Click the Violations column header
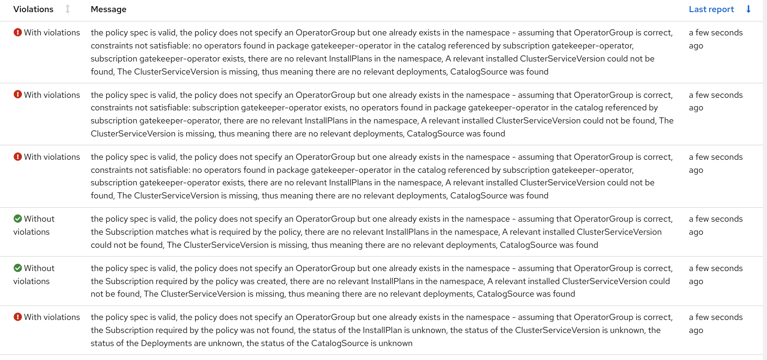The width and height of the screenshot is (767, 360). coord(34,9)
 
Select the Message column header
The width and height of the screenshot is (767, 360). coord(109,9)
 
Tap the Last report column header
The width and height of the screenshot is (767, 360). coord(711,9)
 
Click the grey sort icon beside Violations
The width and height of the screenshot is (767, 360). coord(68,9)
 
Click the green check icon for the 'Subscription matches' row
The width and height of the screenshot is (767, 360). coord(18,219)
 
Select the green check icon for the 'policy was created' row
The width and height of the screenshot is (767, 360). coord(18,268)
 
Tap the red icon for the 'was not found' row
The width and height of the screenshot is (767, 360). coord(18,317)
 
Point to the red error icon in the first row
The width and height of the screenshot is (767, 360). coord(18,33)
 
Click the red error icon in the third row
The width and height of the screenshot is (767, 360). coord(18,157)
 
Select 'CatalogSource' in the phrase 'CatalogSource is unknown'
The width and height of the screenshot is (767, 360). coord(324,343)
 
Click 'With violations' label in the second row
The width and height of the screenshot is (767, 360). coord(52,95)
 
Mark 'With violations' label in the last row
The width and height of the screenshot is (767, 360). coord(52,317)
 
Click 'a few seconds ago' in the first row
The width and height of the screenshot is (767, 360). coord(715,39)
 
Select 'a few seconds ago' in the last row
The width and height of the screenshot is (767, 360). coord(715,324)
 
